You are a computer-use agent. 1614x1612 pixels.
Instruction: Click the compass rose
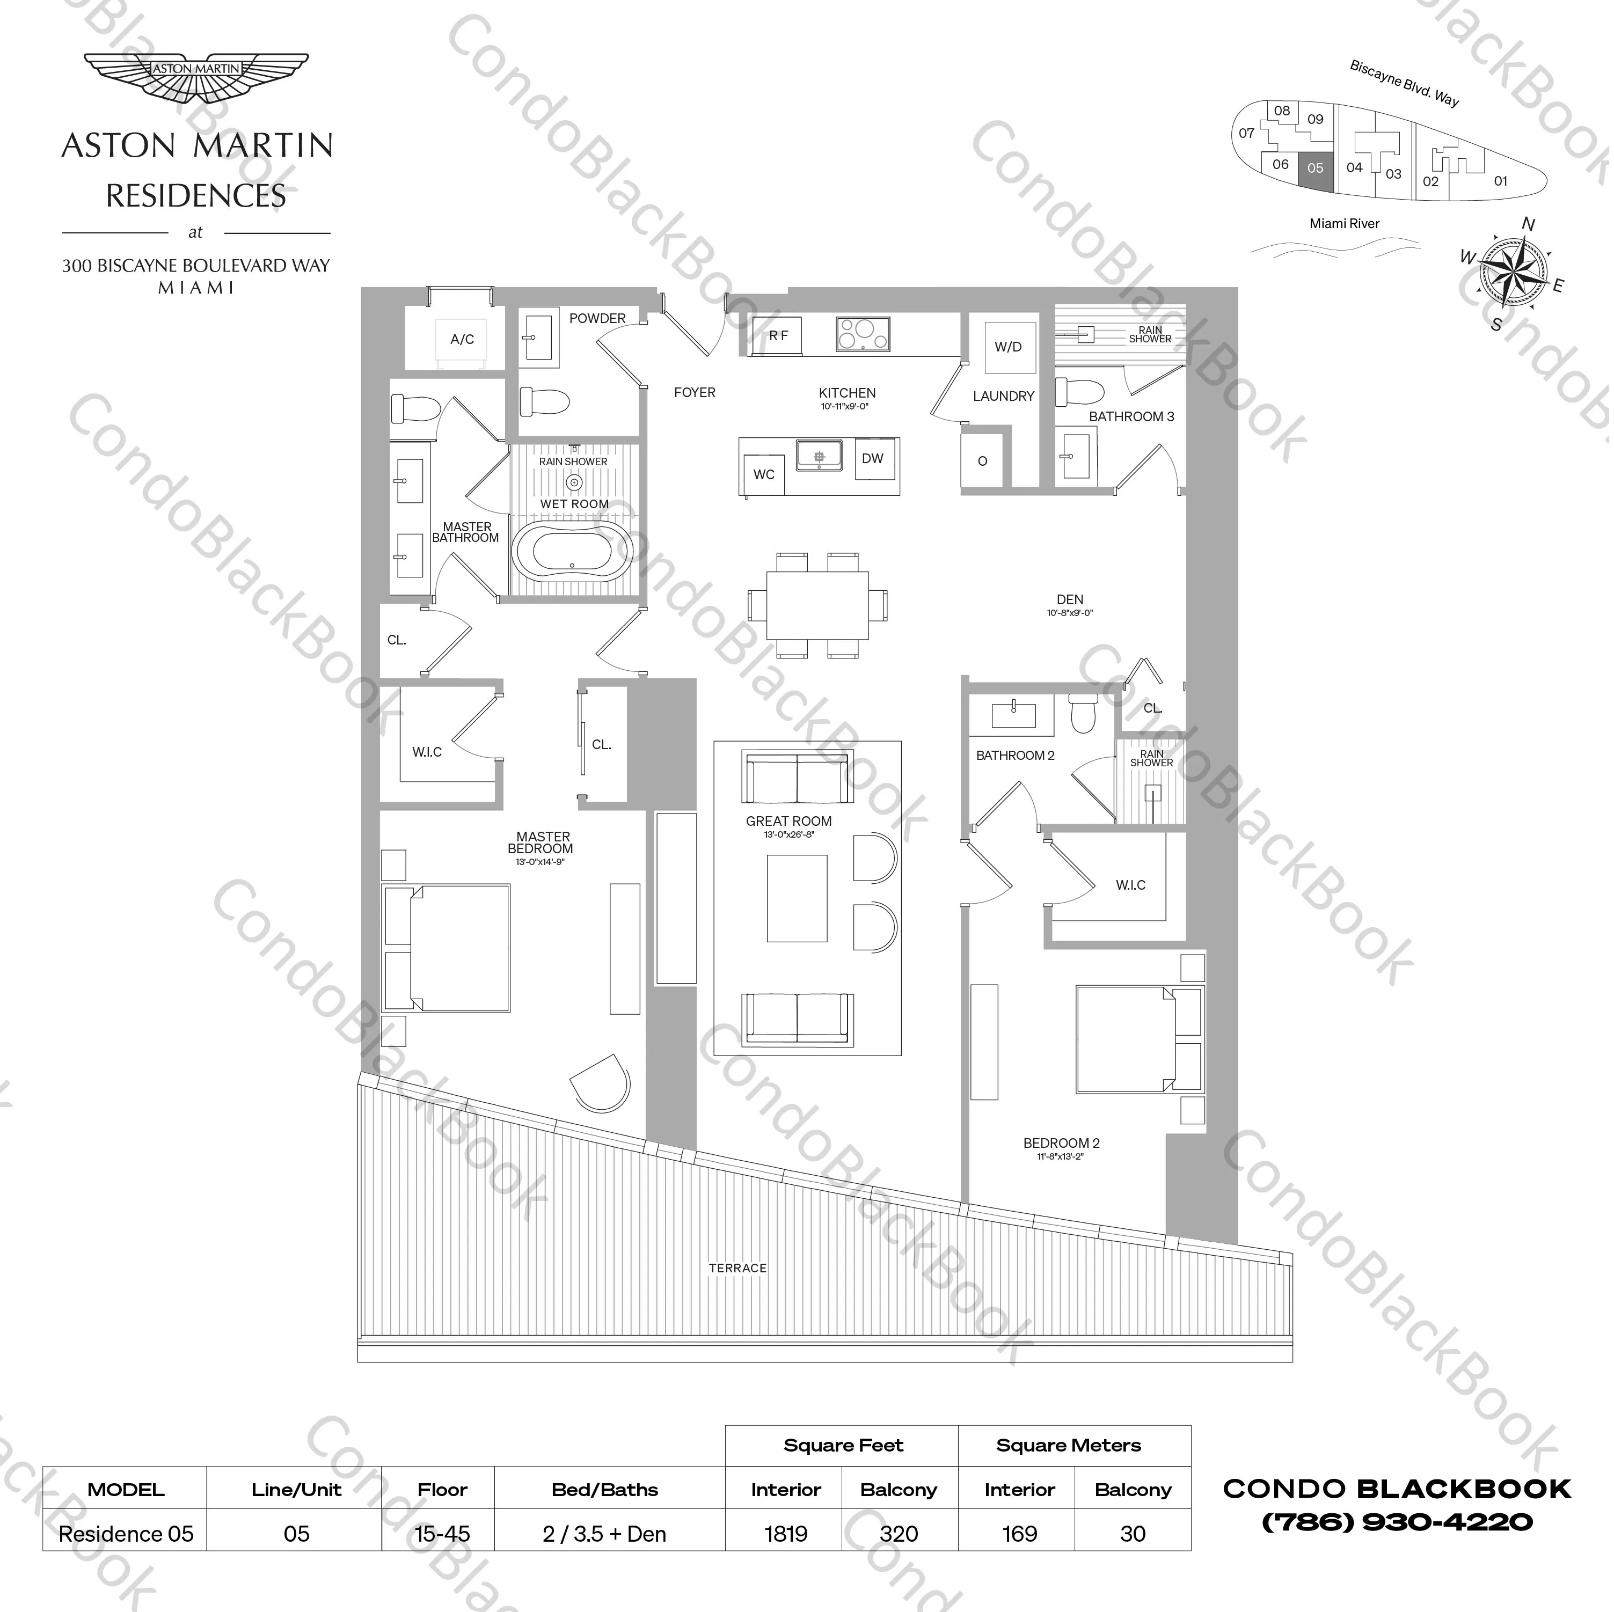(1513, 270)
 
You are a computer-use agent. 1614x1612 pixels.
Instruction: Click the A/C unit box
(462, 339)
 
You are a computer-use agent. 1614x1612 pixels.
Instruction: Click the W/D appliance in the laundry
(1009, 347)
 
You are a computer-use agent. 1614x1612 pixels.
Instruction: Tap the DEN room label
(1071, 600)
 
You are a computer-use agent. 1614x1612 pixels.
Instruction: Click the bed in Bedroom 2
(1138, 1040)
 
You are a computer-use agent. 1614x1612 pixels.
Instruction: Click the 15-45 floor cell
(443, 1534)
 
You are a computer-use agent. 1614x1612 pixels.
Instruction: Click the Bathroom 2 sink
(1014, 716)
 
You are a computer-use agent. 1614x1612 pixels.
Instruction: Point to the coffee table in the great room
(798, 898)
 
